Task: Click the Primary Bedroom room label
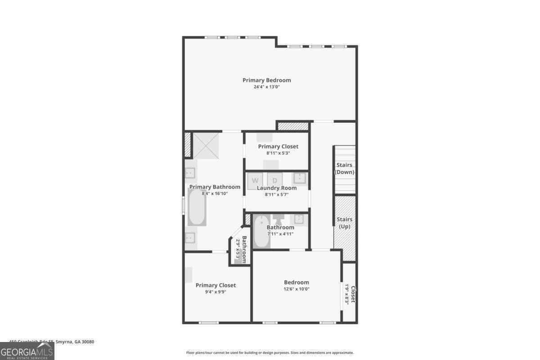(266, 80)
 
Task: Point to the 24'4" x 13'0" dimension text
(266, 87)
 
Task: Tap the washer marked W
(255, 180)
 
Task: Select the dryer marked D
(274, 180)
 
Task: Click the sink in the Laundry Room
(300, 179)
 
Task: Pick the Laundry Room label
(276, 188)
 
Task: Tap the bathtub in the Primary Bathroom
(197, 207)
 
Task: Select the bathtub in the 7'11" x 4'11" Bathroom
(261, 232)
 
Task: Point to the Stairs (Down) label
(344, 169)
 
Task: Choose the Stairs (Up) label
(344, 223)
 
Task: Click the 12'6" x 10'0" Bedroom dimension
(296, 289)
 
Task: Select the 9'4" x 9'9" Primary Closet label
(215, 288)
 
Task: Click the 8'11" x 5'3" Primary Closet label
(278, 149)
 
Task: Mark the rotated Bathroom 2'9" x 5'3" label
(241, 250)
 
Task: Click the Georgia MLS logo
(27, 351)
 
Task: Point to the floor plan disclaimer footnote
(270, 353)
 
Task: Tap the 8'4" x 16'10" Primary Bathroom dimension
(215, 193)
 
